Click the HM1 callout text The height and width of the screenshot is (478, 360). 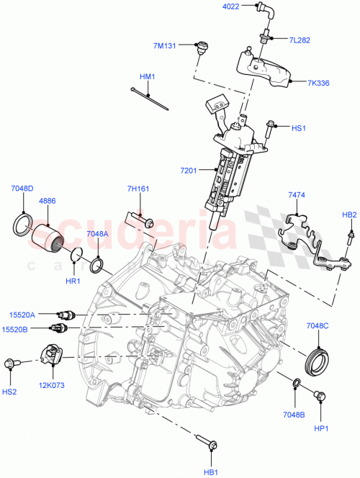pos(147,76)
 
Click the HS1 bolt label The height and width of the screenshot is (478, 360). pos(299,128)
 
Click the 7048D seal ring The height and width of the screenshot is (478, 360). pos(24,223)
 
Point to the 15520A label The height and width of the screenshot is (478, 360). pos(23,314)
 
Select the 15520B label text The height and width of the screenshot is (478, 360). pos(23,330)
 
